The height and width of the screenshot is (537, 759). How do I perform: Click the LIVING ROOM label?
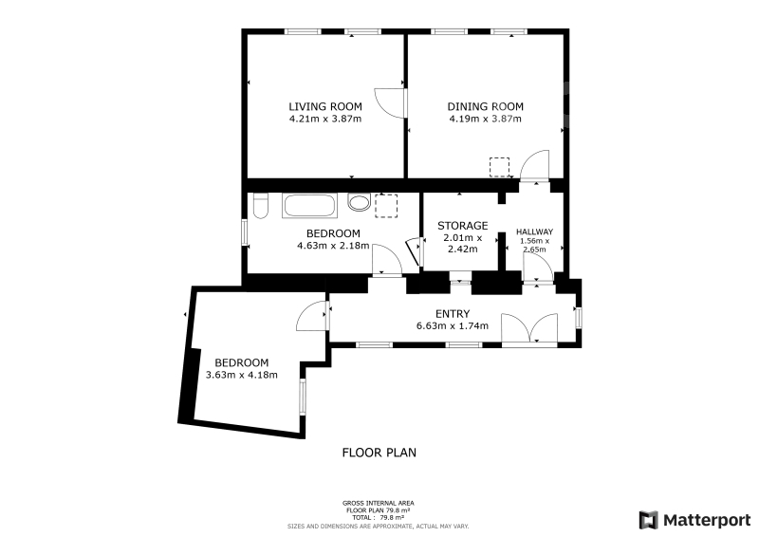(x=325, y=106)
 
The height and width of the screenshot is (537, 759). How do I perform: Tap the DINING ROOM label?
(x=485, y=106)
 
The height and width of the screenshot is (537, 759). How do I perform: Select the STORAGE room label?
(x=463, y=226)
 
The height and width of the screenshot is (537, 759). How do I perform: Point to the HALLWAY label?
(x=534, y=231)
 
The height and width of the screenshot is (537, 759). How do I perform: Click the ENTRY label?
(x=453, y=314)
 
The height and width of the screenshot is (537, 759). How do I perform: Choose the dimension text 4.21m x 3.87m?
(x=325, y=119)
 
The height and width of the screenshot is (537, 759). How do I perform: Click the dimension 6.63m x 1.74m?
(x=453, y=325)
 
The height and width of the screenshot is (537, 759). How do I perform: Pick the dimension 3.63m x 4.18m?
(x=242, y=375)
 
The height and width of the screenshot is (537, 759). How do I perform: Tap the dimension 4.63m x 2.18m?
(x=333, y=246)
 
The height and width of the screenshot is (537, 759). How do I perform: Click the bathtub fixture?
(x=310, y=206)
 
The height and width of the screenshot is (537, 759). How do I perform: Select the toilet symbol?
(x=261, y=205)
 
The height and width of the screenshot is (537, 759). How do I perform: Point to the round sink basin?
(x=359, y=202)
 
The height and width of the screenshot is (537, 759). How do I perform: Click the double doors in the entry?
(x=529, y=329)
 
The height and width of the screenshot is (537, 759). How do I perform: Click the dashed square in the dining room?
(x=500, y=167)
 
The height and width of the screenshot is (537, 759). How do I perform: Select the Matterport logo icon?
(x=649, y=521)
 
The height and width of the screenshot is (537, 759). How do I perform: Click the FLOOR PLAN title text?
(x=379, y=453)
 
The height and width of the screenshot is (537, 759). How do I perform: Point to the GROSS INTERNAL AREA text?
(x=378, y=504)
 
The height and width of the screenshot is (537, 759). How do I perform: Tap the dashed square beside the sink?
(x=386, y=206)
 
